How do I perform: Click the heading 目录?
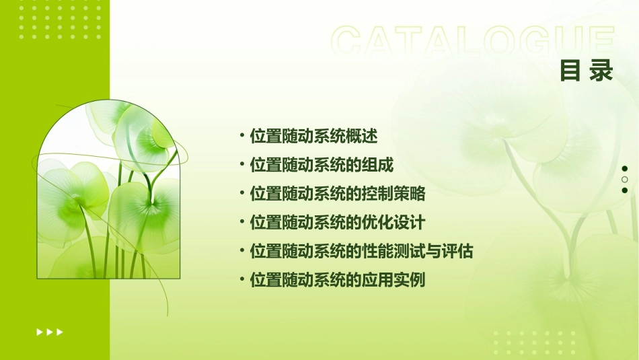click(587, 71)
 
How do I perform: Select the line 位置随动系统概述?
click(313, 136)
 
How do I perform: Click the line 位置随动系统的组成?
click(322, 165)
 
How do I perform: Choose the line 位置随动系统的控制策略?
click(338, 194)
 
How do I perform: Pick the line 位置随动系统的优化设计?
click(338, 222)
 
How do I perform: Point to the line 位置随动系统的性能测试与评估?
click(361, 251)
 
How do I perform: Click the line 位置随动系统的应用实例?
click(338, 280)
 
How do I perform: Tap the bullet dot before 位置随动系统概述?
click(242, 135)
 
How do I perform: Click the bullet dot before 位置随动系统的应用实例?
click(242, 279)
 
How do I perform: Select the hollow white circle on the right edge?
click(625, 180)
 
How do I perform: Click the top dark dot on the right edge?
click(625, 169)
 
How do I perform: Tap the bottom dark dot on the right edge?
click(625, 190)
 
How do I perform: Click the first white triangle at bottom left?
click(40, 332)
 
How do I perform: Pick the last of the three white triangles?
click(60, 332)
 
